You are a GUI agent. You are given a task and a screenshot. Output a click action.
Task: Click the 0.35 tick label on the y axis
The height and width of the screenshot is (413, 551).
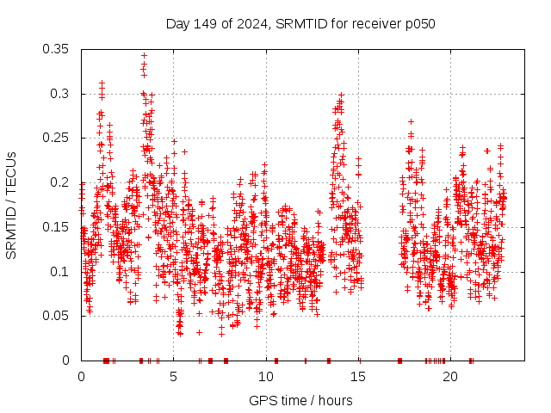click(57, 49)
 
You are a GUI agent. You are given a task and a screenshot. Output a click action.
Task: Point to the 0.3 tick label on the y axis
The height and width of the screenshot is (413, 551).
click(60, 93)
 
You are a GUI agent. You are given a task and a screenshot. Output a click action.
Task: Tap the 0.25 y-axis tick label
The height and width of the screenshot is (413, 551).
click(57, 138)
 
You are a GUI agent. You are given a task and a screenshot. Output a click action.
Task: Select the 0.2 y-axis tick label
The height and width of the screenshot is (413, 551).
click(60, 182)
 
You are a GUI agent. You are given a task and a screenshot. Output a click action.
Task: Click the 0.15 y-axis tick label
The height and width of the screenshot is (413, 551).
click(57, 227)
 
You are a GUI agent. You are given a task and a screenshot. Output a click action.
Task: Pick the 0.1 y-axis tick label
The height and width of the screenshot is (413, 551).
click(60, 272)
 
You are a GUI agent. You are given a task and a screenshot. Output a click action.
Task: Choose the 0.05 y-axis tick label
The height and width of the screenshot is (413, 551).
click(57, 316)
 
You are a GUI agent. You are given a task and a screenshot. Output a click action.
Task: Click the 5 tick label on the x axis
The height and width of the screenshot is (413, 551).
click(173, 377)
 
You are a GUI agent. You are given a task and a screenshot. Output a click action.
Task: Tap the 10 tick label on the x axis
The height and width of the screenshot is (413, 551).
click(265, 377)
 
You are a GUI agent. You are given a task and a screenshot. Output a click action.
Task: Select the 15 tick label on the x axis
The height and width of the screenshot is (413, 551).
click(358, 377)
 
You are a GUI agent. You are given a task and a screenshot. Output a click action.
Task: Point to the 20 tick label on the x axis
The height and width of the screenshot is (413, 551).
click(450, 377)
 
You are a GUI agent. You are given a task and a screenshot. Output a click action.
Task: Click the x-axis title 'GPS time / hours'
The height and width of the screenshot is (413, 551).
click(300, 400)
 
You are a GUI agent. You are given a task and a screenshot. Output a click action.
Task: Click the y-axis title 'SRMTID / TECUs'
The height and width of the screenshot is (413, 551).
click(12, 205)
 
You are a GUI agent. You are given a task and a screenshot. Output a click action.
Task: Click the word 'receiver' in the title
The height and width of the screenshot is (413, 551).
click(377, 23)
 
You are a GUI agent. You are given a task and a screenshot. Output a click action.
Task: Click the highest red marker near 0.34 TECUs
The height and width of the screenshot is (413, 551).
click(144, 55)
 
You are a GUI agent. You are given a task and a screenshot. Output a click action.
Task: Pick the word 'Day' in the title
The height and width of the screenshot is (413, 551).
click(177, 23)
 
